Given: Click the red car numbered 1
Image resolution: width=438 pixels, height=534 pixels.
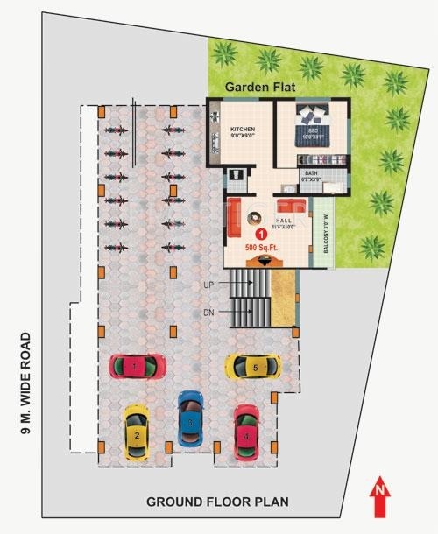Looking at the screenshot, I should coord(137,364).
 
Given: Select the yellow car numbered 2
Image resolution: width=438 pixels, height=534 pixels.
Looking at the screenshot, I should coord(136,432).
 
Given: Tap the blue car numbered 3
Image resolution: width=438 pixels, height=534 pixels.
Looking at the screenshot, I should coord(190,419).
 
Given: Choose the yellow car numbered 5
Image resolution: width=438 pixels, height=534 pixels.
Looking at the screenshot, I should coord(252,366).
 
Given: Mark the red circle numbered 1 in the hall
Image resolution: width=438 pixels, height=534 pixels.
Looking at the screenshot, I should coord(260,235).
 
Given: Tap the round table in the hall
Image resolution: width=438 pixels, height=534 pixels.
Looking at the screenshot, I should coord(256,216).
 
